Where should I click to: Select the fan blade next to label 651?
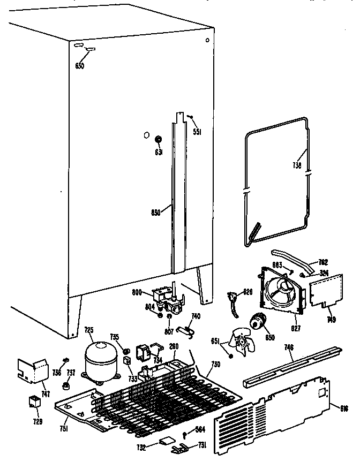pos(240,340)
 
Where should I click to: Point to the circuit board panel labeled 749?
pos(324,292)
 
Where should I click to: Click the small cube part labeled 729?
pos(35,402)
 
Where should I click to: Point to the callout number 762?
pos(323,262)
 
